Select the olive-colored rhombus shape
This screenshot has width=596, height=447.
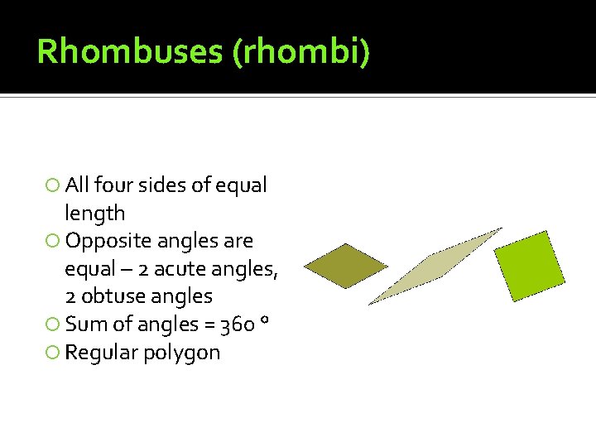click(x=345, y=265)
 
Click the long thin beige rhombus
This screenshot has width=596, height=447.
click(x=435, y=266)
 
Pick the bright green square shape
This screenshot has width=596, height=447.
click(x=530, y=265)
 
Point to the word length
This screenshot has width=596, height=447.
click(x=95, y=214)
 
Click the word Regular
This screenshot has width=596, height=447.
click(x=102, y=353)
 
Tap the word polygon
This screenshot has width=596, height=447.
click(x=182, y=353)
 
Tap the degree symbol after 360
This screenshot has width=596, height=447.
click(x=262, y=320)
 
